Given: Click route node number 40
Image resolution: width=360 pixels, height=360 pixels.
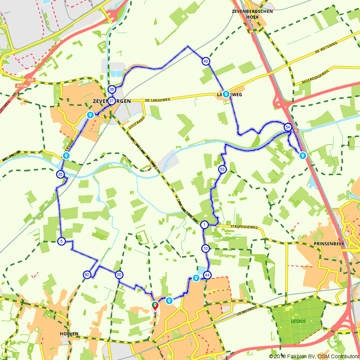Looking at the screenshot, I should (206, 61).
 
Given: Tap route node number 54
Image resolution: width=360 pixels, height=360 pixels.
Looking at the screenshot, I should (287, 127).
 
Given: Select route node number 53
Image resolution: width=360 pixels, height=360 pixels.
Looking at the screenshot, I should (222, 169).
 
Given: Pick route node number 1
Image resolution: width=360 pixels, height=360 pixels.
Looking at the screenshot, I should (204, 225).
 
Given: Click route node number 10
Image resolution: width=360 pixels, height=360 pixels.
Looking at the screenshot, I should (205, 248).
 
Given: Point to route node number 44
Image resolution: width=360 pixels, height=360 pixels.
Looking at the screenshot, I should (207, 275).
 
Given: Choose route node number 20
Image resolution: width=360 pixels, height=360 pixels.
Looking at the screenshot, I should (119, 275).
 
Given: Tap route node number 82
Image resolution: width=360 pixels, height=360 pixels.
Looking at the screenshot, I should (87, 275).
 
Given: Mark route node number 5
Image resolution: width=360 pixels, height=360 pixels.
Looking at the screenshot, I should (61, 242).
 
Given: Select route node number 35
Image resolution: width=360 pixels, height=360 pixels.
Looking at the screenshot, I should (60, 175).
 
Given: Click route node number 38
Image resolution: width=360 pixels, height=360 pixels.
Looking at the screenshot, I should (112, 89).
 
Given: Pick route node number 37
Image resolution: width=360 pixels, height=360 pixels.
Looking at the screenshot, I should (112, 101).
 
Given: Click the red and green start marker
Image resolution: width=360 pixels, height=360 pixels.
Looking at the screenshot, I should (155, 306).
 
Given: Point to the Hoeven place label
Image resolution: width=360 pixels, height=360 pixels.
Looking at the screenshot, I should (69, 334).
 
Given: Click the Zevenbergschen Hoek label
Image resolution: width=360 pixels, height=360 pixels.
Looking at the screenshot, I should (252, 14).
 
